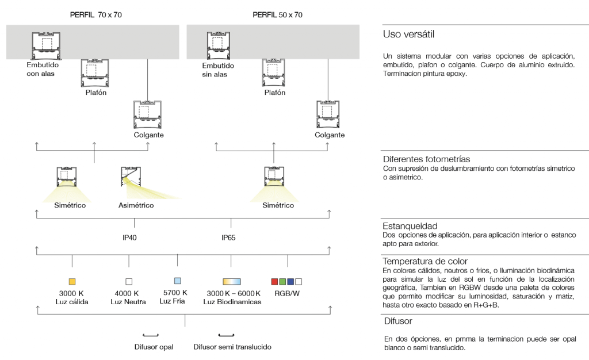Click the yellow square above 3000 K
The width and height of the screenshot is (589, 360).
[72, 281]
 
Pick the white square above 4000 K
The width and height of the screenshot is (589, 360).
[129, 281]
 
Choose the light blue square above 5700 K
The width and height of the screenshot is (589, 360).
[178, 281]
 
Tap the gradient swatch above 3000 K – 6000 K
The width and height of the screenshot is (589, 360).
[231, 281]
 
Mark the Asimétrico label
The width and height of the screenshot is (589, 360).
[136, 205]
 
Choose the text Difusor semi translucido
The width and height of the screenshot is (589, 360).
[232, 347]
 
